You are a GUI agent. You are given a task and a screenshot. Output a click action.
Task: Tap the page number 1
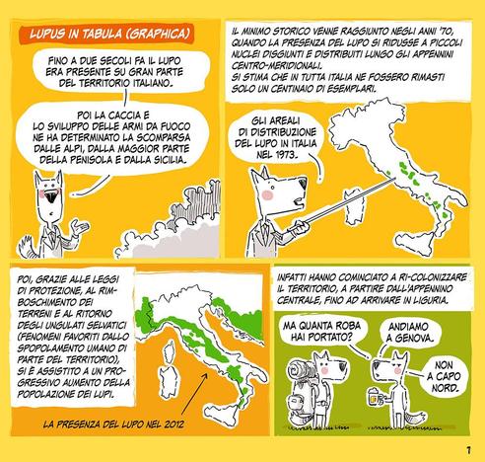(x=468, y=450)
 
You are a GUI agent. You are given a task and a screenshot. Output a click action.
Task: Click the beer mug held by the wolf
(x=375, y=396)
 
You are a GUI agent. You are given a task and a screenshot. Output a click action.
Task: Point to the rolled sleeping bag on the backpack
(x=298, y=369)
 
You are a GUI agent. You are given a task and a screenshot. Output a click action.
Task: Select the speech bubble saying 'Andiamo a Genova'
(x=407, y=333)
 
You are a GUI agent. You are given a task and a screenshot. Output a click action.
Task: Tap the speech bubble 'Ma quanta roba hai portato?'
(x=322, y=331)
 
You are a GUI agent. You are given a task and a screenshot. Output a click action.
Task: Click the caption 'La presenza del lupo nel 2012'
(x=113, y=423)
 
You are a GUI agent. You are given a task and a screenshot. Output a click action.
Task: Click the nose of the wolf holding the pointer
(x=303, y=183)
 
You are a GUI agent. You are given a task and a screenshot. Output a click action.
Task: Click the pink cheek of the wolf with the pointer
(x=267, y=194)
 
